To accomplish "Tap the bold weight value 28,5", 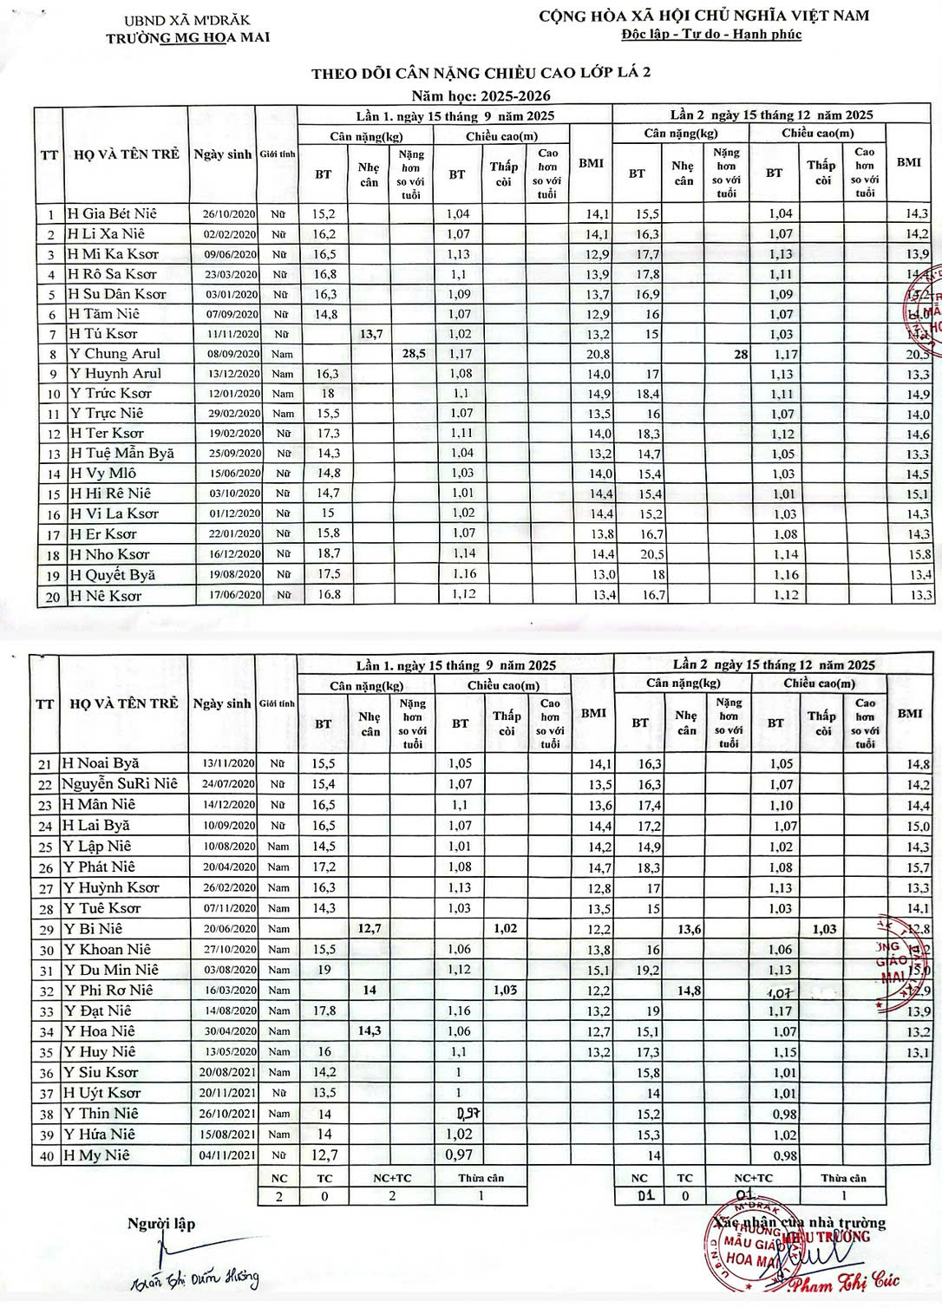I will pyautogui.click(x=411, y=354).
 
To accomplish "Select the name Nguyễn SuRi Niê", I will pyautogui.click(x=119, y=784).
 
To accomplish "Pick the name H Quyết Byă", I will pyautogui.click(x=112, y=575).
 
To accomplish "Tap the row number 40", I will pyautogui.click(x=46, y=1155).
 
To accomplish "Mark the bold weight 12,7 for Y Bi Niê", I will pyautogui.click(x=370, y=929).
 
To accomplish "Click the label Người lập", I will pyautogui.click(x=161, y=1224).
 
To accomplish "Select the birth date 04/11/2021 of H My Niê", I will pyautogui.click(x=225, y=1155).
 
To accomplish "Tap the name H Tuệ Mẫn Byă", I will pyautogui.click(x=121, y=454).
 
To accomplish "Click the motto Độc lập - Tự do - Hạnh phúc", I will pyautogui.click(x=711, y=35).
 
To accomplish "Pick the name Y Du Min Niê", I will pyautogui.click(x=110, y=970).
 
